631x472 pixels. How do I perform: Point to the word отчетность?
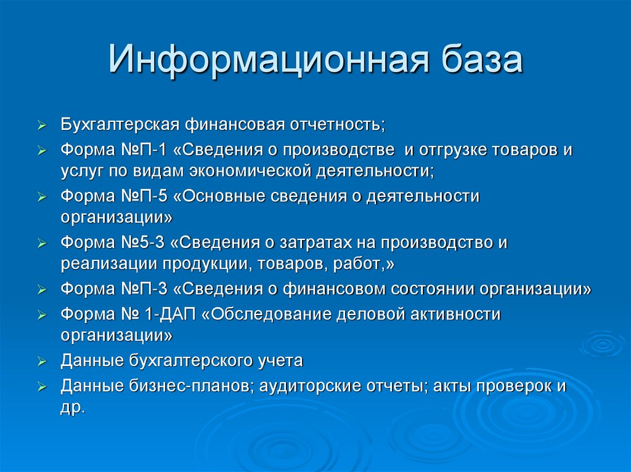[336, 124]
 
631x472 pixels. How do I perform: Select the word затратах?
[333, 242]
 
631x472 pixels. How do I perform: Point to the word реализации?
[108, 263]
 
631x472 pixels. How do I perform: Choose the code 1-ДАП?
[169, 314]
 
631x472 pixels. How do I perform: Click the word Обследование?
[266, 314]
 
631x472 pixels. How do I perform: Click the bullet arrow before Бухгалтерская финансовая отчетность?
[41, 126]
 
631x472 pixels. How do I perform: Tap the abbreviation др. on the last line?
[71, 408]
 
